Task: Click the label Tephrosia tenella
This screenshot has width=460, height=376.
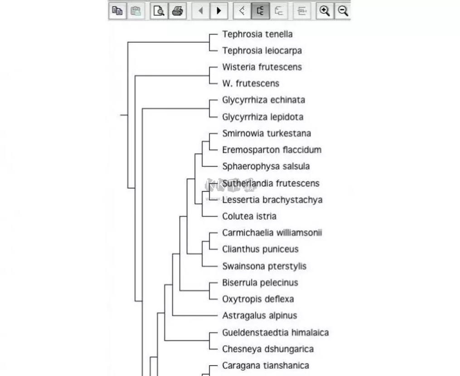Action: tap(257, 34)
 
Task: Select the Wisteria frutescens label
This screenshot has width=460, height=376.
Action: tap(261, 67)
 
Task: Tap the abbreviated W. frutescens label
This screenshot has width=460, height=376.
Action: tap(250, 83)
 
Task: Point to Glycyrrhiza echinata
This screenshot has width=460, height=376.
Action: tap(263, 100)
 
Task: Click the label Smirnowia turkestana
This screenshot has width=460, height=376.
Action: tap(266, 133)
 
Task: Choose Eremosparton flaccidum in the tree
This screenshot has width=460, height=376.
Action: tap(271, 150)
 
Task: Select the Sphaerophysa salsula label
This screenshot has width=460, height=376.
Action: tap(266, 166)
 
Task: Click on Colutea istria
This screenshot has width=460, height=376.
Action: tap(249, 216)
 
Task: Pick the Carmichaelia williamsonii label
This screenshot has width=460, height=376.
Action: tap(272, 233)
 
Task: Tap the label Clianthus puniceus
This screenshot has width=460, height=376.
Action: tap(260, 249)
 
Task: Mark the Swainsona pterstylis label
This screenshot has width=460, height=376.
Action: tap(264, 266)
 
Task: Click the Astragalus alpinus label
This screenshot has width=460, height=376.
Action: tap(259, 316)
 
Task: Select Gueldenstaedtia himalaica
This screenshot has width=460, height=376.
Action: tap(275, 333)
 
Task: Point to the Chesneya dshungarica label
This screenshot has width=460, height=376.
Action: tap(267, 349)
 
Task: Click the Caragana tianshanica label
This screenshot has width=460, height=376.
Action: tap(266, 366)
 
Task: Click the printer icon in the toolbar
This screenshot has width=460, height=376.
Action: tap(177, 11)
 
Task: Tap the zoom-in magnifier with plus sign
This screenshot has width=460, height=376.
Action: tap(324, 11)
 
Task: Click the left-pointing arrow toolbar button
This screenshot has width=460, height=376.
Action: tap(200, 11)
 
